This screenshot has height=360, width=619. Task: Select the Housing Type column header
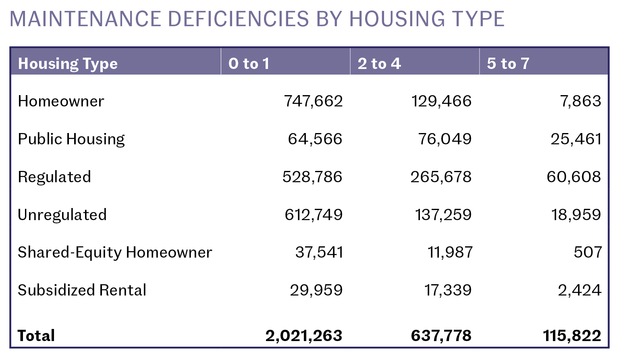[x=68, y=64]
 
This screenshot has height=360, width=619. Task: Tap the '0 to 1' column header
[x=249, y=63]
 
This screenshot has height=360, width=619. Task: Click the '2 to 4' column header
[x=379, y=63]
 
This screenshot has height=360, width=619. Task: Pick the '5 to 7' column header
[x=508, y=63]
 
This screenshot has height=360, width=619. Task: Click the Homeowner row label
[x=61, y=101]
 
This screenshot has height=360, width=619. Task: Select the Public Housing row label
[x=71, y=139]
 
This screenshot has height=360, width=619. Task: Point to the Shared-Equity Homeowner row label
[x=115, y=252]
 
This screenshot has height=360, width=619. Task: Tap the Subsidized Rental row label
[x=82, y=290]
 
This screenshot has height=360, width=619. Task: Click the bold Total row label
[x=36, y=335]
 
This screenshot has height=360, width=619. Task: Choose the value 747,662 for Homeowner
[x=313, y=101]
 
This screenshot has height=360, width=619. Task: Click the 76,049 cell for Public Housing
[x=445, y=139]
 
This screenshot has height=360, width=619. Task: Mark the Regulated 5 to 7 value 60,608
[x=573, y=177]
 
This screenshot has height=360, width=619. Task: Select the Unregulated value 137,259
[x=443, y=215]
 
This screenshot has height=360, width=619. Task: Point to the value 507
[x=588, y=252]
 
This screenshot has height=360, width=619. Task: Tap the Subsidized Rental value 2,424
[x=579, y=290]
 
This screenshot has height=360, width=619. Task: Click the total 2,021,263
[x=304, y=335]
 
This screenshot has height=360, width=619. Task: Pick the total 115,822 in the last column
[x=572, y=335]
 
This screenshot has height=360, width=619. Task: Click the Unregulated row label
[x=62, y=215]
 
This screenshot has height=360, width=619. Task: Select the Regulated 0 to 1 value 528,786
[x=312, y=177]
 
